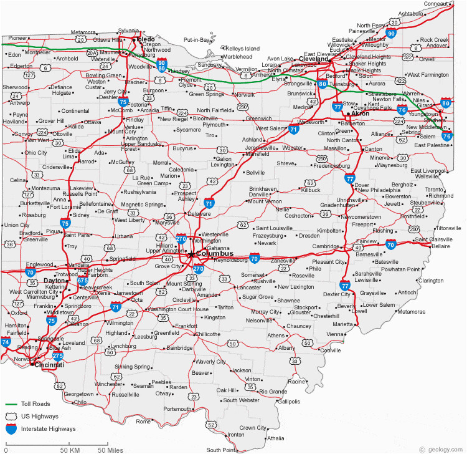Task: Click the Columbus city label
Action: (x=215, y=254)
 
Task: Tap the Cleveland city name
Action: (x=313, y=59)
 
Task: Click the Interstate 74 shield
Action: (x=6, y=342)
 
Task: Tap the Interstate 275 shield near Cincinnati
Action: (x=58, y=356)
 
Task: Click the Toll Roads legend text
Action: (x=35, y=404)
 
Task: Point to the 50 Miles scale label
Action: (x=110, y=450)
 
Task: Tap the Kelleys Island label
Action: (x=242, y=48)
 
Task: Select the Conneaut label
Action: (x=436, y=4)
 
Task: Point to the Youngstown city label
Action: (x=423, y=114)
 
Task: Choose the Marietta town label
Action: (x=342, y=324)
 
